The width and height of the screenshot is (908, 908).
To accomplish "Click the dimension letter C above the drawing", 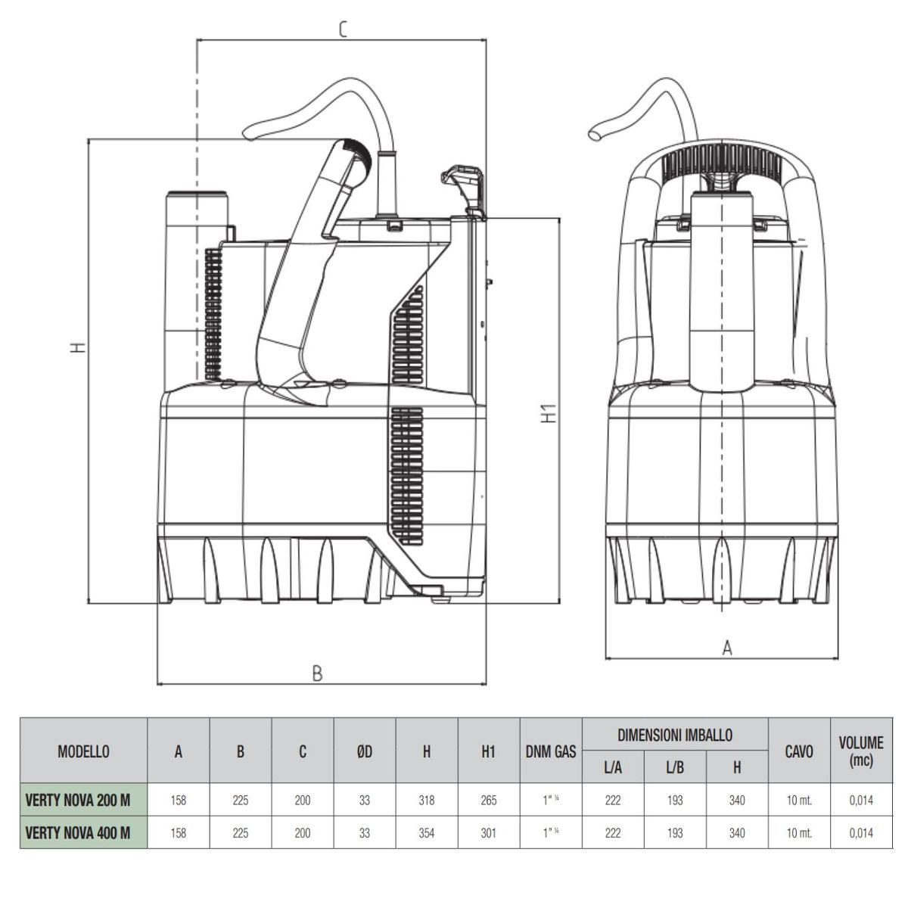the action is point(343,30).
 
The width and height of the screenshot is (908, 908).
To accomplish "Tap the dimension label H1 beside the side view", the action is point(549,413).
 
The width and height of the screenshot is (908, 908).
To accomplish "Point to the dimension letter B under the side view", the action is point(318,673).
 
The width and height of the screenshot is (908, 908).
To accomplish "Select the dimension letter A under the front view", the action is point(727,648).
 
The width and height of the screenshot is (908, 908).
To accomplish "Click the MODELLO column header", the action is point(83,751).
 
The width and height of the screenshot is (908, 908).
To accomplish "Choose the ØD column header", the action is point(364,751).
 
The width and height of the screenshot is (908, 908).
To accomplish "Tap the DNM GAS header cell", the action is point(551,751).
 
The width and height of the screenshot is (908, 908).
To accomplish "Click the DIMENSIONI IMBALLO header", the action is point(675,735).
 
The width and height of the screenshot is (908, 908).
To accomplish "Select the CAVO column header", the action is point(799,751).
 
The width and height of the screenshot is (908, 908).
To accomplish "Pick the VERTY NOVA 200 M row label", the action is point(78,800).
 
